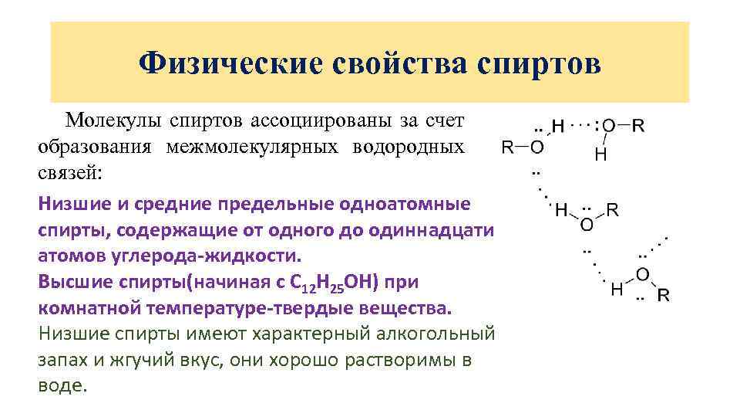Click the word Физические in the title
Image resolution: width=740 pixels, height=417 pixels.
[230, 63]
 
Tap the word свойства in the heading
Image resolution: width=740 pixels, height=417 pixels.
[395, 63]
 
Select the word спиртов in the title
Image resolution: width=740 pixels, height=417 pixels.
[540, 63]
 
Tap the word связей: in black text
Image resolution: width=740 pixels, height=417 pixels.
[69, 172]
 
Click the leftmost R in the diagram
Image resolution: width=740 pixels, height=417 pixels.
[508, 147]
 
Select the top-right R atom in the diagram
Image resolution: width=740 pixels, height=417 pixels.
[639, 125]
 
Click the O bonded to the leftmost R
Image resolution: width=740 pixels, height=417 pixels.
[537, 147]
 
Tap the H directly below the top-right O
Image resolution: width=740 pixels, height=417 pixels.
[600, 155]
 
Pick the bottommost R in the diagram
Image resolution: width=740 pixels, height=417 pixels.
[663, 294]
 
